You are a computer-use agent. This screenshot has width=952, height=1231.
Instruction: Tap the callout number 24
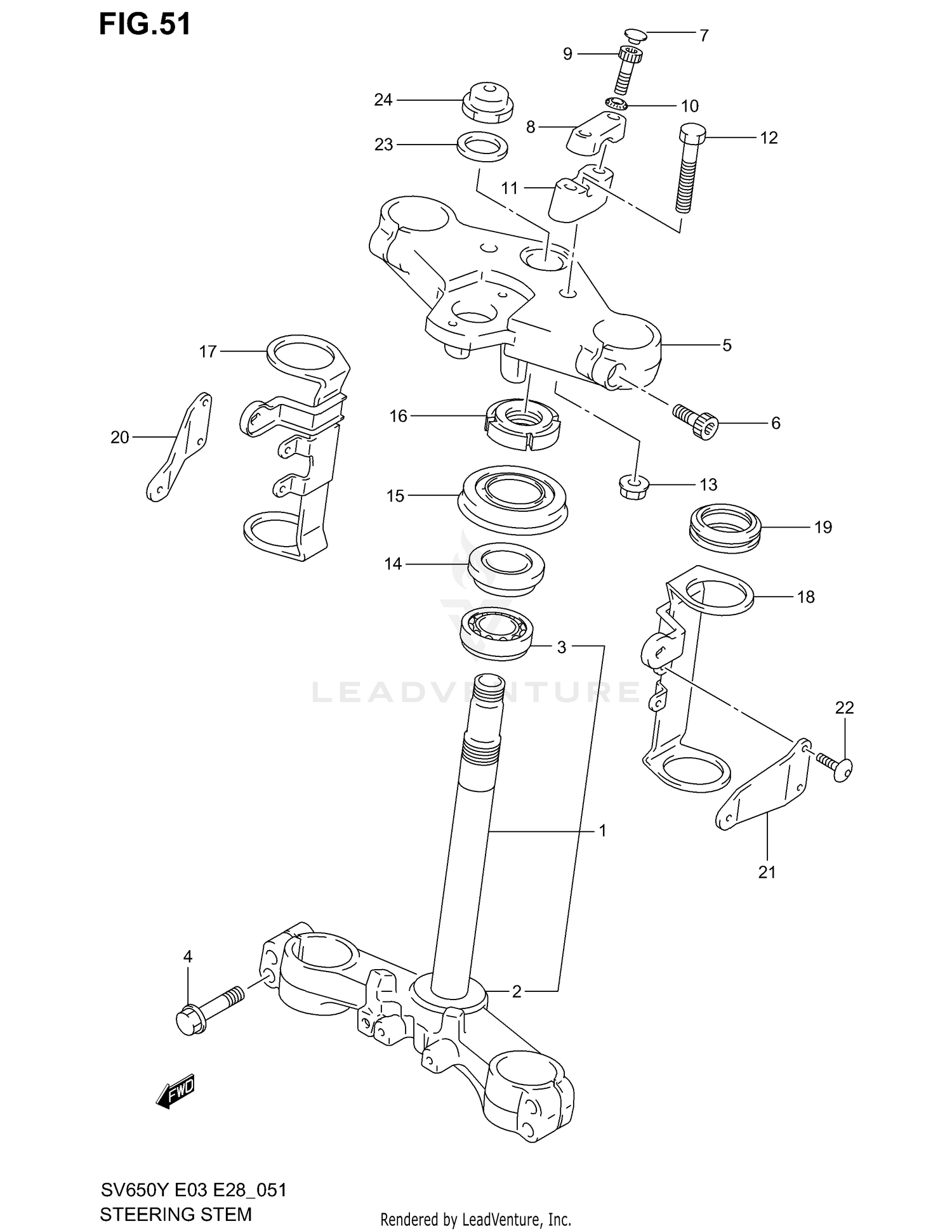click(x=383, y=100)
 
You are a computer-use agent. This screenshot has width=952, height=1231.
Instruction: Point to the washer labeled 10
click(x=616, y=103)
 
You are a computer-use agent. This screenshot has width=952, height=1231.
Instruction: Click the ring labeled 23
click(x=482, y=147)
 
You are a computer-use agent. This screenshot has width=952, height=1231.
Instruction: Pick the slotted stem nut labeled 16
click(x=523, y=423)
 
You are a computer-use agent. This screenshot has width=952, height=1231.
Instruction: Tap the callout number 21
click(x=767, y=872)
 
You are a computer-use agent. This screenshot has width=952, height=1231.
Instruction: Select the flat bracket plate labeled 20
click(x=178, y=447)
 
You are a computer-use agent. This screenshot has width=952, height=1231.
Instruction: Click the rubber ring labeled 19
click(x=725, y=528)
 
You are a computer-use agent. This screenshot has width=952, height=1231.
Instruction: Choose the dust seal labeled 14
click(x=506, y=568)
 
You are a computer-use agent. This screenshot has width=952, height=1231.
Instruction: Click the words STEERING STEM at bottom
click(x=176, y=1214)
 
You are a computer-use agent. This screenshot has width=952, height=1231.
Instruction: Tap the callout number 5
click(x=727, y=345)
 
